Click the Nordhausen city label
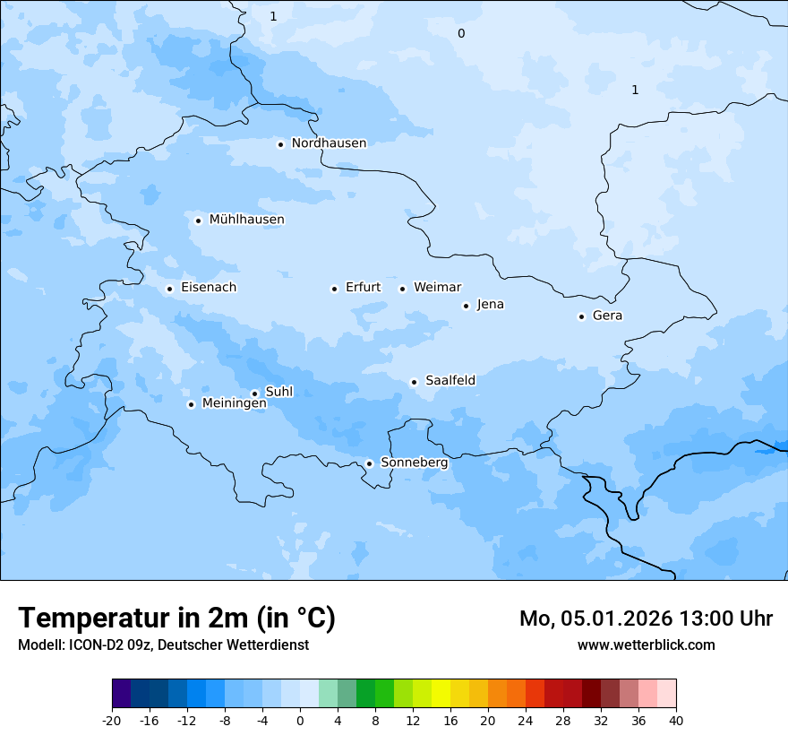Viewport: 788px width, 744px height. (329, 143)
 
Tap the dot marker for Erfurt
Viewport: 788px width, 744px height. (334, 289)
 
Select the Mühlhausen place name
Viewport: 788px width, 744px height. (246, 220)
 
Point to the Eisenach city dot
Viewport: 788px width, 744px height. (169, 289)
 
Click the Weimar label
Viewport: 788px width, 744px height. (437, 288)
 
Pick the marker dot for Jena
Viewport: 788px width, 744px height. (466, 306)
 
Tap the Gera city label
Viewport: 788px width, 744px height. (607, 316)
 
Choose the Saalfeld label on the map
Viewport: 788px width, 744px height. (450, 381)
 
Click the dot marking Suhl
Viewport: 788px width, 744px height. (254, 394)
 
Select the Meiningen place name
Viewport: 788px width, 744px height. (234, 404)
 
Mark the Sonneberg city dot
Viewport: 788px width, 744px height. (369, 464)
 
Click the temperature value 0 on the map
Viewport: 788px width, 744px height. (461, 34)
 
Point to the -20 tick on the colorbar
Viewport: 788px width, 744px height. (112, 721)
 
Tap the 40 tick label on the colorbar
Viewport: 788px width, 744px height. (676, 721)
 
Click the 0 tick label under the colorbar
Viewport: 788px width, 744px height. (300, 721)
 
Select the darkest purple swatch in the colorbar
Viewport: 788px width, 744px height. (121, 694)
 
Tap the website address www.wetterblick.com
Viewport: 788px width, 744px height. (646, 645)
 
